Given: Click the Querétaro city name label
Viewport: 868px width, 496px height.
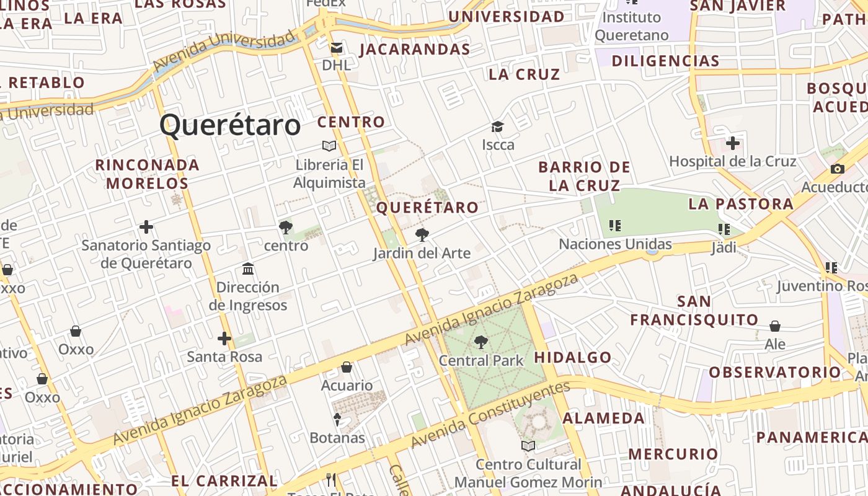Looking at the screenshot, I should coord(230,125).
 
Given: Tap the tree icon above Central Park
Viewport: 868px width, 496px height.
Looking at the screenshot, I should coord(480,342).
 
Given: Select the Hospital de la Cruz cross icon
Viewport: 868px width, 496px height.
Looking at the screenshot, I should coord(733,143).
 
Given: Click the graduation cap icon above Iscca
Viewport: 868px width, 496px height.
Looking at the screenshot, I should coord(498,127).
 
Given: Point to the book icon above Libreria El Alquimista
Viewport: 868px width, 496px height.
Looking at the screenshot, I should coord(329,146).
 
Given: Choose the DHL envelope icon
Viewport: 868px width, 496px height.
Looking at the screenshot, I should coord(337,48).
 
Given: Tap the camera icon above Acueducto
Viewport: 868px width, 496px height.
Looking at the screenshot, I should coord(837,169).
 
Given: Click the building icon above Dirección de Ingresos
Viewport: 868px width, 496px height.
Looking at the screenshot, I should coord(248,269).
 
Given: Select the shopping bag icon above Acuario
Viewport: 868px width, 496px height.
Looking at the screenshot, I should coord(347,367).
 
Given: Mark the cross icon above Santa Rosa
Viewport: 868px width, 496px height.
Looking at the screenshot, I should coord(224,339).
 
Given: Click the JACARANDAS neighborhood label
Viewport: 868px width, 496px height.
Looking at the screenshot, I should coord(414,50).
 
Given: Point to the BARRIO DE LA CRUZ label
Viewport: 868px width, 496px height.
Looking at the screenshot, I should coord(584,176).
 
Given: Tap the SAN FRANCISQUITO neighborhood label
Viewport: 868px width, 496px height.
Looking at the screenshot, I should coord(694,311).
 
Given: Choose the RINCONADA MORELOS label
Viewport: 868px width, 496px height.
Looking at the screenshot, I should coord(147,174).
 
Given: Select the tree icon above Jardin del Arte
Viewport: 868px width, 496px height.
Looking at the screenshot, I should coord(422,235).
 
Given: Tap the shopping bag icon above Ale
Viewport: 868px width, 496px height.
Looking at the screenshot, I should coord(775,326).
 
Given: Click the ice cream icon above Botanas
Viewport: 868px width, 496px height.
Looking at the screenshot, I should coord(337,420).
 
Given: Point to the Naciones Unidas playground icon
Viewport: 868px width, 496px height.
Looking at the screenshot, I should coord(615,226).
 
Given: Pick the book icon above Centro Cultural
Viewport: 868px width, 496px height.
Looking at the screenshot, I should coord(528,446).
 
